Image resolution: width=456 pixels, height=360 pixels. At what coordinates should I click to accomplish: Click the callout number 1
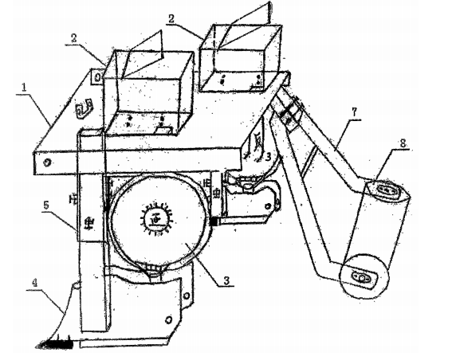pos(24,88)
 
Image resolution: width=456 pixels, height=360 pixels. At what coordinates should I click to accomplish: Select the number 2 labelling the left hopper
pos(74,38)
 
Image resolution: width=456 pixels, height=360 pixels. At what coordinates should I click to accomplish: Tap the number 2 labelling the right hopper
pos(171,18)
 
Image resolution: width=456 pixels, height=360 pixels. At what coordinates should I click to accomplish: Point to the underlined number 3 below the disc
pos(227,280)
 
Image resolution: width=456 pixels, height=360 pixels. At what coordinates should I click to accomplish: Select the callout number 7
pos(354,112)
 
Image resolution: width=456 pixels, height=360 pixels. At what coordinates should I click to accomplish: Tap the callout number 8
pos(403,143)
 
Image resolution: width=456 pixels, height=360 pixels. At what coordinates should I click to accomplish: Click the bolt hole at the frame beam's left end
pos(46,162)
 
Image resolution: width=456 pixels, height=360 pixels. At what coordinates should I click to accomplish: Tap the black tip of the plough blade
pos(55,344)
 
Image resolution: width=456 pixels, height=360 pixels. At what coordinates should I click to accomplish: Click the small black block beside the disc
pos(214,221)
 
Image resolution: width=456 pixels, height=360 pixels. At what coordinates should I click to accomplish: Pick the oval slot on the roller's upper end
pos(387,190)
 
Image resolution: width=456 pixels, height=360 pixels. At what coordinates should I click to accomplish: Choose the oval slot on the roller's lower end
pos(361,276)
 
